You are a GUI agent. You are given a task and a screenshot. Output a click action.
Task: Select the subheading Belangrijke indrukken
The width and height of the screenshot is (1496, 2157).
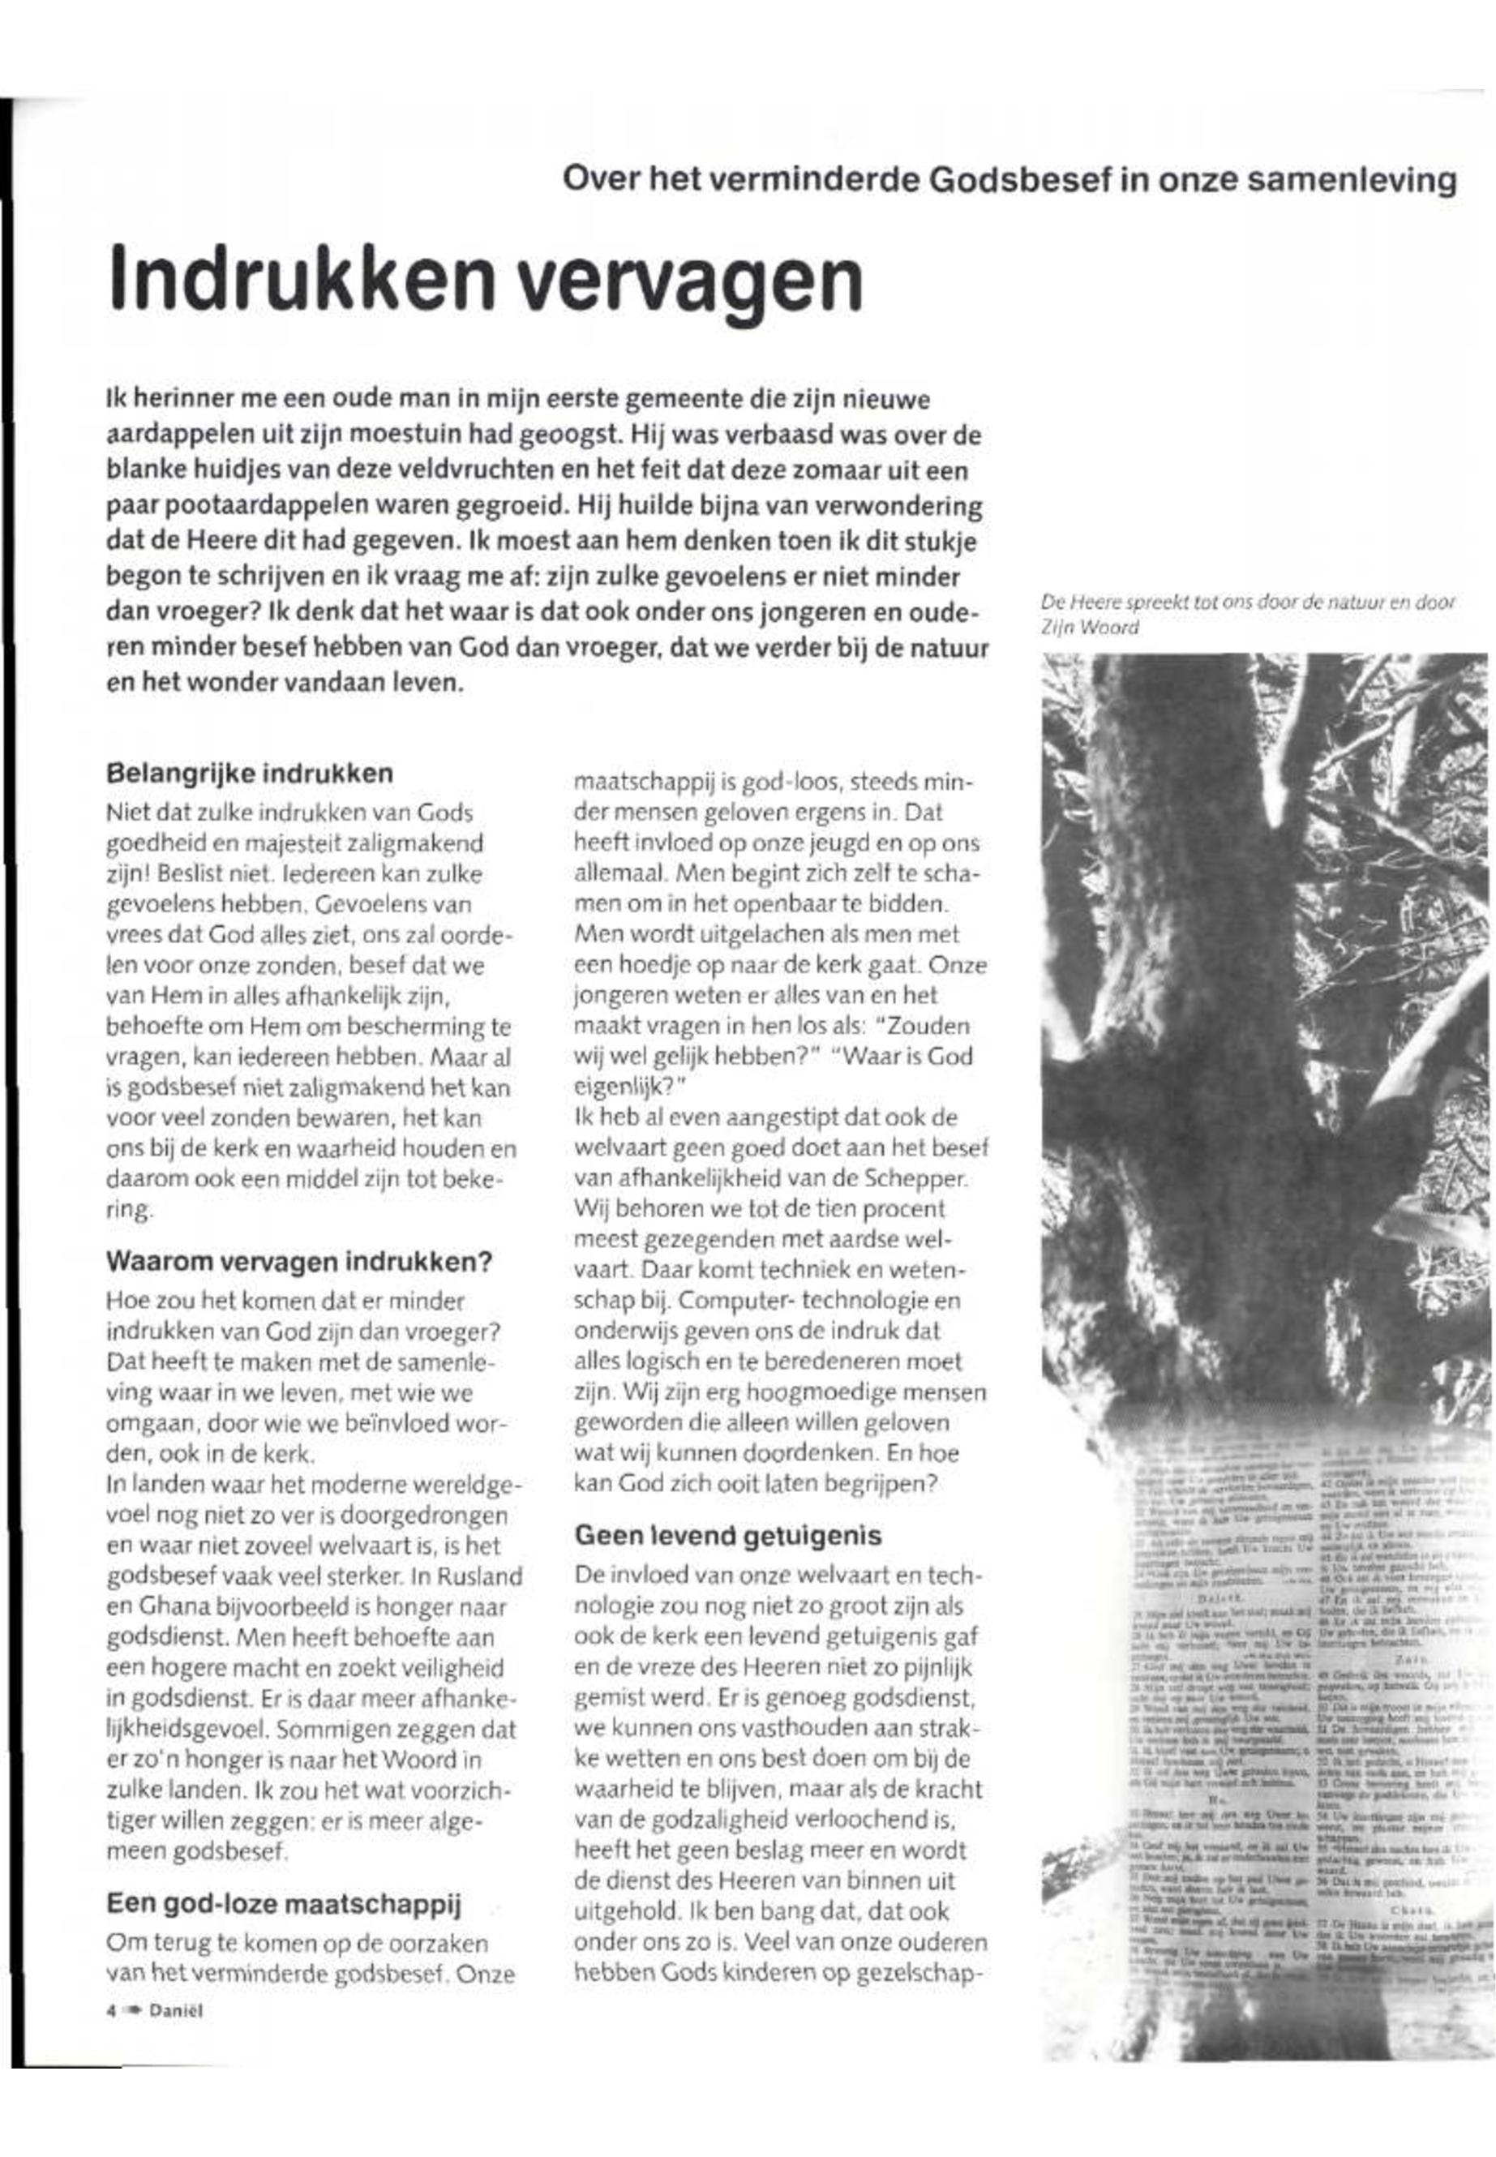(x=250, y=774)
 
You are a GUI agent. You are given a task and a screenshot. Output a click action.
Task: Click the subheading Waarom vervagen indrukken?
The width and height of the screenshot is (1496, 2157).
(x=299, y=1262)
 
